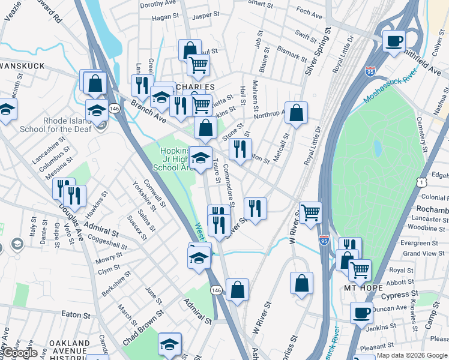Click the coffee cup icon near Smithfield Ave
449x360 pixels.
(x=394, y=41)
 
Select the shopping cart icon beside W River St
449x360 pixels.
(x=310, y=212)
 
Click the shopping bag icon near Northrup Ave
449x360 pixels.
(x=296, y=112)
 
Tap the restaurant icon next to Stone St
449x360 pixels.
(x=240, y=149)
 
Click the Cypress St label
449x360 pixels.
(x=400, y=295)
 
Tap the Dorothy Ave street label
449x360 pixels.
(x=156, y=4)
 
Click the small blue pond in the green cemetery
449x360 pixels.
(x=377, y=148)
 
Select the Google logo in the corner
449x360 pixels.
(x=19, y=353)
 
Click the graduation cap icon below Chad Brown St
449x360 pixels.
(x=170, y=344)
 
